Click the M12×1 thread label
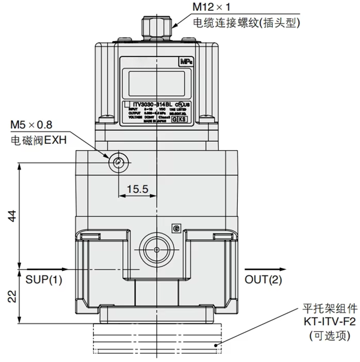(212, 8)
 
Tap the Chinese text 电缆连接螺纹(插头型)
(246, 23)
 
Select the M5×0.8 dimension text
(31, 125)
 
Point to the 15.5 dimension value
(138, 189)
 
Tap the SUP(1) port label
(43, 279)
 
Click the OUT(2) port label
(264, 279)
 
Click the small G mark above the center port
(175, 228)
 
